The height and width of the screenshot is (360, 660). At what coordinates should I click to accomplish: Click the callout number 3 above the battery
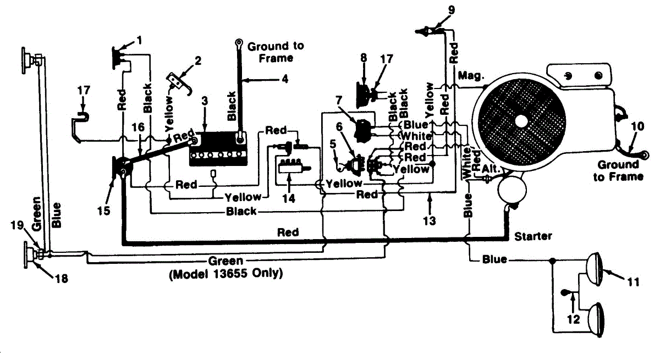click(x=205, y=101)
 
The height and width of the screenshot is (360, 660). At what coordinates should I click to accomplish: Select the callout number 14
click(x=289, y=198)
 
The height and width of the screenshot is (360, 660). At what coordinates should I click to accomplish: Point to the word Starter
click(x=533, y=236)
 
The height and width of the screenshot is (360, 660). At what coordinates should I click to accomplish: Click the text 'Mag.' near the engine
click(x=471, y=76)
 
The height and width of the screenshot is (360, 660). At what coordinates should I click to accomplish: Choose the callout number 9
click(x=452, y=10)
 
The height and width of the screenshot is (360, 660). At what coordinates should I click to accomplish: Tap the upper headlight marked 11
click(x=593, y=269)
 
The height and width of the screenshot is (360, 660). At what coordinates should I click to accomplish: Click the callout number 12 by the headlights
click(x=573, y=319)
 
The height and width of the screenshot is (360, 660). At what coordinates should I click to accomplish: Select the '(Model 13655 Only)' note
click(x=226, y=274)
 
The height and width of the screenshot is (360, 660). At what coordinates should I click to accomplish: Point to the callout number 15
click(x=104, y=211)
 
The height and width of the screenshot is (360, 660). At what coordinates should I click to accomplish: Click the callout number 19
click(x=17, y=225)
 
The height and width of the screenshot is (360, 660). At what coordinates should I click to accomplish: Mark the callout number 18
click(x=62, y=278)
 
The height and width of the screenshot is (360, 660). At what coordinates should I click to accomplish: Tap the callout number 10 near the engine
click(x=637, y=126)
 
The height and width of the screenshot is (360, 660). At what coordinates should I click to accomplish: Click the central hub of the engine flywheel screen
click(x=521, y=121)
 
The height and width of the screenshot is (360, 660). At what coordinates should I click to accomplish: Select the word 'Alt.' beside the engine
click(x=491, y=169)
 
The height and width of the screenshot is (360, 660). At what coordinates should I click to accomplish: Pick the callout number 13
click(x=430, y=220)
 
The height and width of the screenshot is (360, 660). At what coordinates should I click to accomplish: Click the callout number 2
click(x=198, y=60)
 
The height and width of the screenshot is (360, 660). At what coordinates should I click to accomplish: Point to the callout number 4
click(x=285, y=79)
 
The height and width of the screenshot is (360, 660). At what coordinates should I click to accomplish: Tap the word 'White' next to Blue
click(x=416, y=136)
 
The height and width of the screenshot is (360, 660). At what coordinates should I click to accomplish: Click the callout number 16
click(x=138, y=127)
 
